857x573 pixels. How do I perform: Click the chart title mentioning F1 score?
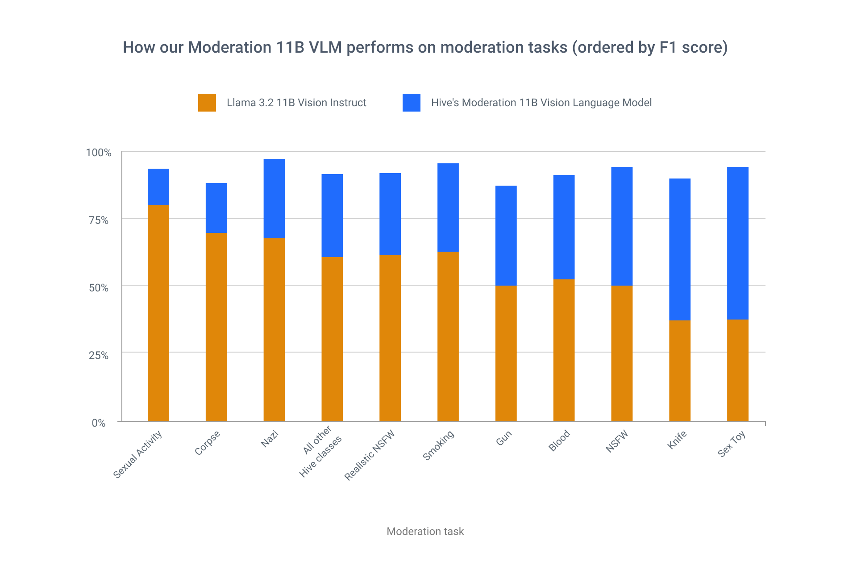point(425,47)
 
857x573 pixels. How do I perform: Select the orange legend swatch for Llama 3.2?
point(207,103)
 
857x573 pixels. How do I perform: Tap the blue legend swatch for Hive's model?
point(411,103)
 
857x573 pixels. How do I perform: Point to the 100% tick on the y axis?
point(98,153)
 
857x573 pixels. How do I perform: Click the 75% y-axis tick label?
point(99,220)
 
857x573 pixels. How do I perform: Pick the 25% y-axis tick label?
point(99,355)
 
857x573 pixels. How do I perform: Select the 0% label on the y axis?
point(99,423)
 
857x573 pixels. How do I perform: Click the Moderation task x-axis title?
point(425,531)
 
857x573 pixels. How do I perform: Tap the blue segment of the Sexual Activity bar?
point(158,187)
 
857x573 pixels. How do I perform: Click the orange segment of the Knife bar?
point(679,370)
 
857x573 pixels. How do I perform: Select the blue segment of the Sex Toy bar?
point(737,243)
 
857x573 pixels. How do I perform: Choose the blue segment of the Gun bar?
point(506,235)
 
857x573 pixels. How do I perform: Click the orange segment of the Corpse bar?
point(216,327)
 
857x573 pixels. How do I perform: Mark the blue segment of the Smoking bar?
point(448,208)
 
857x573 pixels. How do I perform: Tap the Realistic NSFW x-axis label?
point(370,455)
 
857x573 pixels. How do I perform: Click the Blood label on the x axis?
point(559,440)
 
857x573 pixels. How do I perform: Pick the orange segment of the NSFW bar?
point(621,353)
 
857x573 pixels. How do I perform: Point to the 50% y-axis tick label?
point(99,287)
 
